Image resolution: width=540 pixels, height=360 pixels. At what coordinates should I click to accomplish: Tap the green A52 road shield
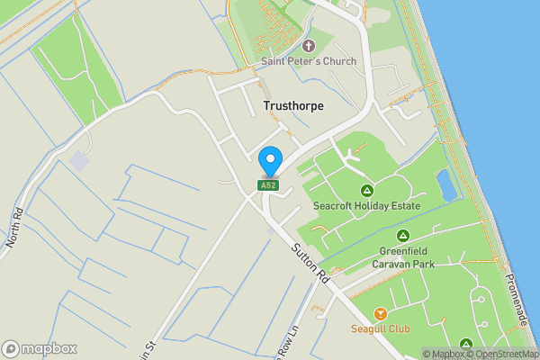(268, 185)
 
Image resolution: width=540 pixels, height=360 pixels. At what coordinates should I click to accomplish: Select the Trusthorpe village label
(293, 105)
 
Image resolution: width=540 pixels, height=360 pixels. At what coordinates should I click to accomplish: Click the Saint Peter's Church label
(309, 61)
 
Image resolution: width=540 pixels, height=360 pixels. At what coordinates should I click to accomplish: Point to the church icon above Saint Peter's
(309, 45)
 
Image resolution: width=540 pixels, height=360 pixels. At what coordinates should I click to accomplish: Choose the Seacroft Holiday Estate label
(366, 205)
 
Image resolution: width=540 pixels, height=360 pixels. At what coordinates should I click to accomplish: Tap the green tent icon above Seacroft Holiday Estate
(366, 190)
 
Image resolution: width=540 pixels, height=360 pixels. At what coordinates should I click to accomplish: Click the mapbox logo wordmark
(49, 349)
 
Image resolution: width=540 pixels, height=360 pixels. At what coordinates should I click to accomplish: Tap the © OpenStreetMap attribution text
(507, 354)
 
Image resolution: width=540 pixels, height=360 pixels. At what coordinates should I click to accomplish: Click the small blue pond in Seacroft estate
(445, 185)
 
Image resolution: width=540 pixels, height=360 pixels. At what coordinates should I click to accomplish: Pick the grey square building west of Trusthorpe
(80, 162)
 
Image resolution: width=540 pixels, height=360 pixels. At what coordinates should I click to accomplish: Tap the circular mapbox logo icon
(11, 349)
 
